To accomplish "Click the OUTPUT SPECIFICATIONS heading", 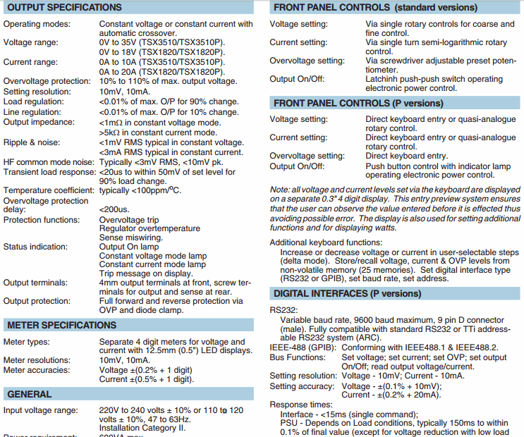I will pos(64,8).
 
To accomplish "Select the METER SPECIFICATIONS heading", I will pos(61,325).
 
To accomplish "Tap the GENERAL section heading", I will pos(29,394).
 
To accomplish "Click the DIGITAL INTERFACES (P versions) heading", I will pos(347,293).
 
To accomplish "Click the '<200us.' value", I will pos(114,210).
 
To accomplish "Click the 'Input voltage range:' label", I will pos(38,410).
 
